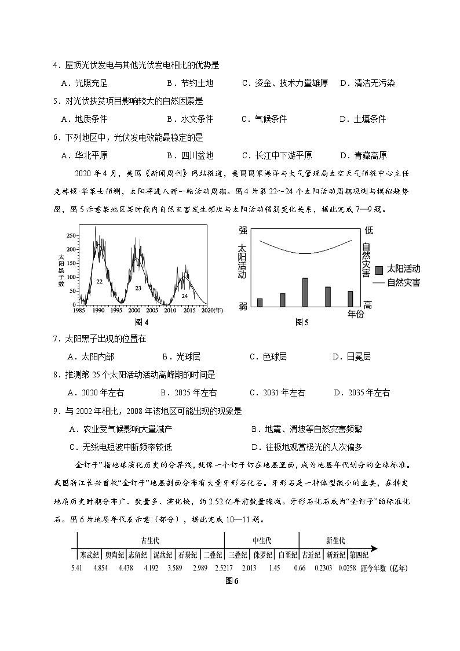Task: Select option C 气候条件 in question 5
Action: pyautogui.click(x=264, y=119)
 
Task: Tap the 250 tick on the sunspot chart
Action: pyautogui.click(x=71, y=236)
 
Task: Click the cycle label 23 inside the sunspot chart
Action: pyautogui.click(x=138, y=288)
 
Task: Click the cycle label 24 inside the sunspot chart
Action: pyautogui.click(x=184, y=295)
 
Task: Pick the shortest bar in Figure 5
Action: pyautogui.click(x=260, y=302)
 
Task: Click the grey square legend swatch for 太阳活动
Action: pyautogui.click(x=379, y=270)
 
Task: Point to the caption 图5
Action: pyautogui.click(x=301, y=322)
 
